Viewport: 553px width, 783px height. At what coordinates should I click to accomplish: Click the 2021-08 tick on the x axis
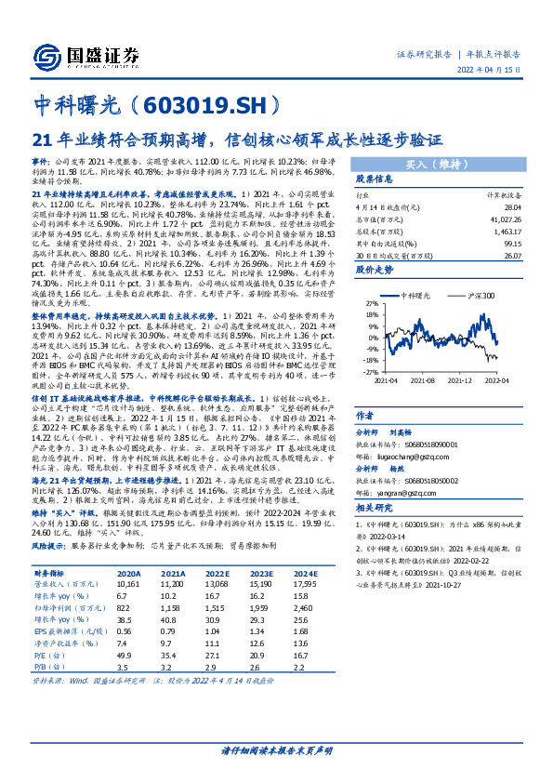423,380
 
